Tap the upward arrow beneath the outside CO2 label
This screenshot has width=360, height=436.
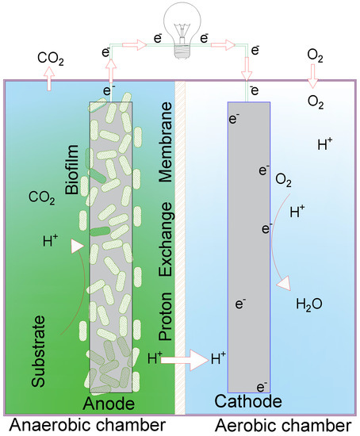[49, 77]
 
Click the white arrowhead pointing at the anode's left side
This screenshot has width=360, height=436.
[78, 248]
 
